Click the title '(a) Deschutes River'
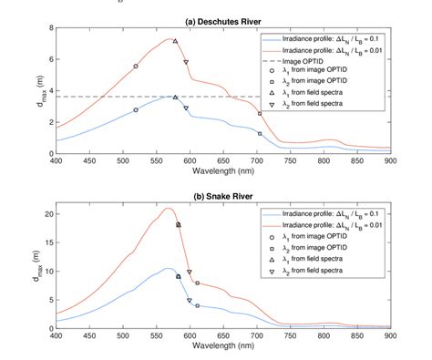tap(222, 20)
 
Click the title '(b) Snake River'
tap(222, 196)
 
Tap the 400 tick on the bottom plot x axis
tap(56, 336)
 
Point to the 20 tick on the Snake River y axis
tap(46, 214)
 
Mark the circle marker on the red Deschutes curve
tap(136, 67)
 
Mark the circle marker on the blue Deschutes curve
tap(136, 109)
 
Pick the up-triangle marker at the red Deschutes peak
tap(175, 41)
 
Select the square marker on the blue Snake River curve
tap(197, 305)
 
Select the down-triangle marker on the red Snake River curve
tap(190, 272)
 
